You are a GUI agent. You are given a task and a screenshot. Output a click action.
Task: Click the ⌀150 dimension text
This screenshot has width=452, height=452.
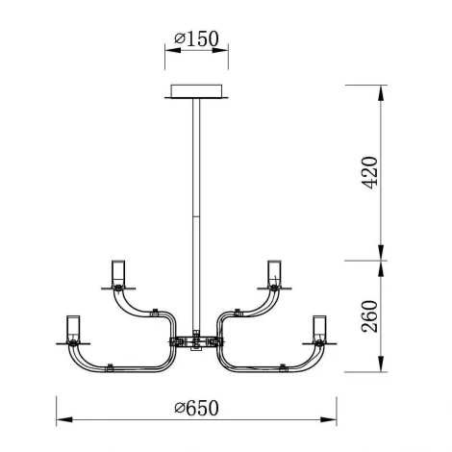pos(196,38)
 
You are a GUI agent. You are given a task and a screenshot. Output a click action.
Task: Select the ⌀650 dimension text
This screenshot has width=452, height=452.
pos(196,408)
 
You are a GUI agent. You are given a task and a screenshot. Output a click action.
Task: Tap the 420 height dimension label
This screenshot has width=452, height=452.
pos(369,173)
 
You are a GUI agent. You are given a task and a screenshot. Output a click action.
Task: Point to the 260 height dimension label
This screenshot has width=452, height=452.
pos(369,316)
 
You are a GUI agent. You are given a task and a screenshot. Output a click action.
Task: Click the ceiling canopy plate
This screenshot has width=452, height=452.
pos(196,91)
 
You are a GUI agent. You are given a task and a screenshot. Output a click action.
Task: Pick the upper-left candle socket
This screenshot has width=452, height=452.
pos(118,273)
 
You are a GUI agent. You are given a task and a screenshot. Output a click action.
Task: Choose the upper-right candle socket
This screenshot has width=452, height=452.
pos(274,273)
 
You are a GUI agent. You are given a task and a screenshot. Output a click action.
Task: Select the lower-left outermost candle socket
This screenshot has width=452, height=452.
pos(73,329)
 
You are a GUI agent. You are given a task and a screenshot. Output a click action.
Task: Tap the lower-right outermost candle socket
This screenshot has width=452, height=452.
pos(319,329)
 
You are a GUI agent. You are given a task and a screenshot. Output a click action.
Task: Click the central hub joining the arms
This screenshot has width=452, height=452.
pos(196,341)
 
